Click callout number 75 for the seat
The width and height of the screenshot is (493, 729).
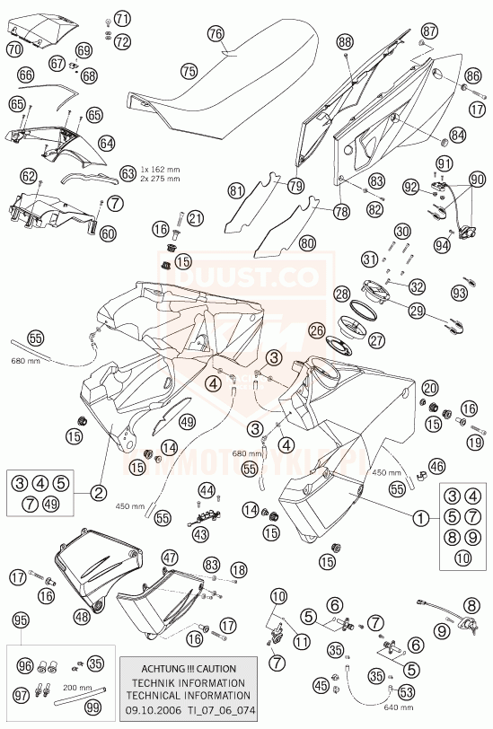point(188,69)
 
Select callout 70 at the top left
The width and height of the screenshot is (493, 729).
point(13,50)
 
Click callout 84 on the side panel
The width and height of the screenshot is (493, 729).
point(458,136)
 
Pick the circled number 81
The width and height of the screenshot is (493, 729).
point(236,190)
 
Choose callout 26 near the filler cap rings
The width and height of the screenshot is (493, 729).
point(315,330)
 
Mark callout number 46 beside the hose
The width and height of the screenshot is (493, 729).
point(436,466)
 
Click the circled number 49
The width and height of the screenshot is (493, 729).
point(186,421)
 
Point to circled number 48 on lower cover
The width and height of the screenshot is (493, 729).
point(82,616)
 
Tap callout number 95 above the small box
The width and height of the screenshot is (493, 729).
point(22,619)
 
